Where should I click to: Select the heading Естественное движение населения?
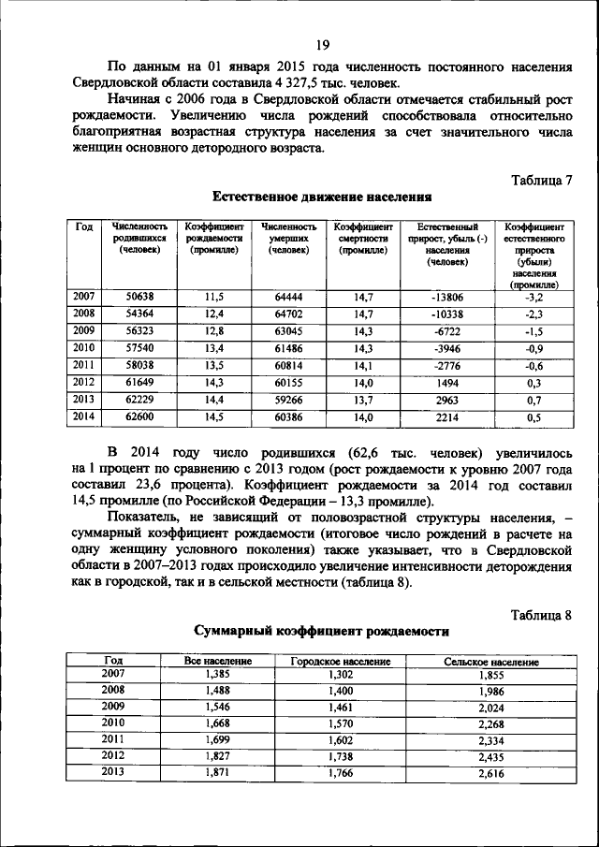[x=322, y=197]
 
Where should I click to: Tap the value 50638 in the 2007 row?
[x=139, y=297]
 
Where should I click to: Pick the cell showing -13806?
[x=447, y=297]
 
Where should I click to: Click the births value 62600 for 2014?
[x=139, y=416]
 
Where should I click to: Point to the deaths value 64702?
[x=288, y=314]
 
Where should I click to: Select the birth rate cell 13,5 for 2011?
[x=214, y=365]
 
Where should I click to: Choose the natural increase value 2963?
[x=447, y=400]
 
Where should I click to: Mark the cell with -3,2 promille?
[x=534, y=297]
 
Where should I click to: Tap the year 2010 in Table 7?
[x=84, y=348]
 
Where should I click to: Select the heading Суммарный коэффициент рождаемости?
[x=321, y=633]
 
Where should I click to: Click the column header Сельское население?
[x=490, y=662]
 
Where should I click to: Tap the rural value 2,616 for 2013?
[x=490, y=774]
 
